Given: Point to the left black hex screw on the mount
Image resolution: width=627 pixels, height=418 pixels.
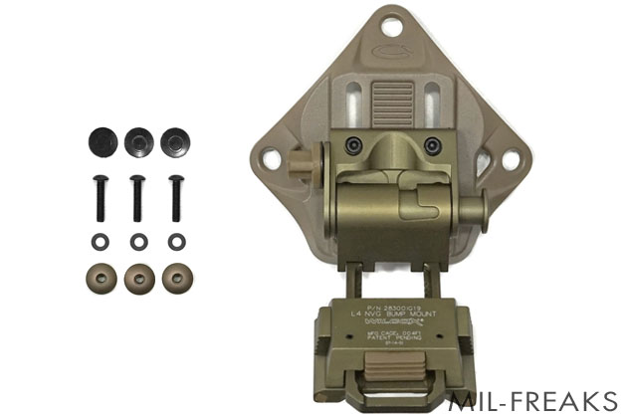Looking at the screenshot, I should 350,145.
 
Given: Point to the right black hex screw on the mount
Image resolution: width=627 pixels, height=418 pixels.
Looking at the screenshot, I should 431,145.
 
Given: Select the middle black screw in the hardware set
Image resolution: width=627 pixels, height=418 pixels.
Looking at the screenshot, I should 138,198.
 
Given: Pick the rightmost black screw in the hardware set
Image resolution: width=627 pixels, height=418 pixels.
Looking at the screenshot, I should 176,198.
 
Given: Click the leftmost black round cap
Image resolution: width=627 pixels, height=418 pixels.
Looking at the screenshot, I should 103,140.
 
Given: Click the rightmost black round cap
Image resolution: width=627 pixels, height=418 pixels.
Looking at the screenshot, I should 175,140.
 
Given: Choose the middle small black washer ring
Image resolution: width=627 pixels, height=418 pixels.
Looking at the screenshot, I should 139,241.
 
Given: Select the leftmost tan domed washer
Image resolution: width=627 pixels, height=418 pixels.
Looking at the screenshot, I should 103,278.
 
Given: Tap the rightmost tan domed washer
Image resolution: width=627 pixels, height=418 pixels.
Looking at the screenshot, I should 176,278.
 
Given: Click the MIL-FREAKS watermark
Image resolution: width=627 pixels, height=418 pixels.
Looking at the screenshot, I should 533,401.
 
